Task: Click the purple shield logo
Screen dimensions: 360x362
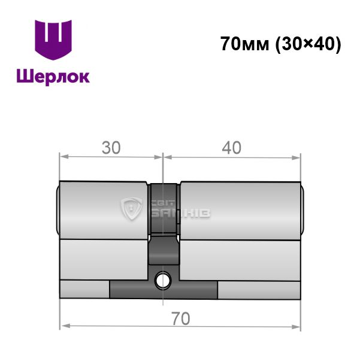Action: [53, 39]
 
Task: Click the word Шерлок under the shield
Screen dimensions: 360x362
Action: [53, 77]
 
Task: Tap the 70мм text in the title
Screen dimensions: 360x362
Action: [245, 44]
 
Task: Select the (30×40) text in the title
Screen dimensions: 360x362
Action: [308, 44]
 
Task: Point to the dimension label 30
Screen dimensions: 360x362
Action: [111, 148]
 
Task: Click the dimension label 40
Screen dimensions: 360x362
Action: [232, 148]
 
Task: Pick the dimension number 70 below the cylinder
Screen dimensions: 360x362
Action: [181, 318]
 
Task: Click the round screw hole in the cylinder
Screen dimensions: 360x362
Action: [163, 281]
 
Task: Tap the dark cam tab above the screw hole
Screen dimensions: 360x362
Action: [164, 250]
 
